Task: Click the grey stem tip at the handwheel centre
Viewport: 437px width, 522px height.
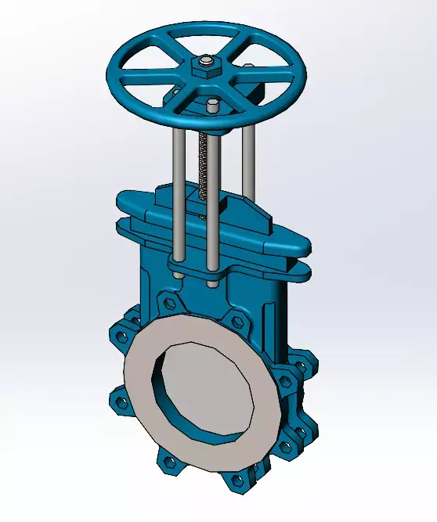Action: [205, 62]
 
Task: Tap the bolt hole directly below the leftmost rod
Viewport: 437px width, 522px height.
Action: [168, 301]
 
